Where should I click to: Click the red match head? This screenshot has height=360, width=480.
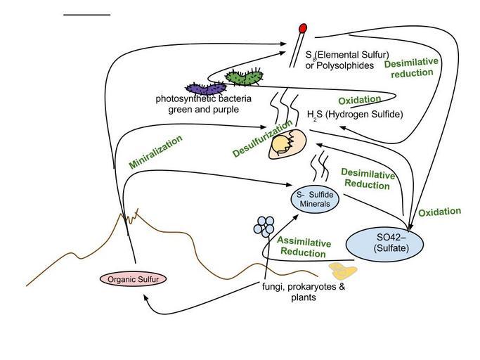coord(303,29)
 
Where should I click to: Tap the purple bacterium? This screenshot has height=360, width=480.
coord(207,89)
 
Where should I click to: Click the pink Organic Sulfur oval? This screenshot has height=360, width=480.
coord(134,279)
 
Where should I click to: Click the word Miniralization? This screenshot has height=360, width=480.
coord(155,151)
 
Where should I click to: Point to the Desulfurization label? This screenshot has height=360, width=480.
coord(263,139)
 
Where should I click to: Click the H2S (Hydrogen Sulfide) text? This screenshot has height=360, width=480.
coord(355,115)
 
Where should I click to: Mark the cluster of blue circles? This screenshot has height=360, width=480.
coord(265,224)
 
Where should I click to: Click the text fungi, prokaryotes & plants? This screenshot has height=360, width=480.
coord(303,292)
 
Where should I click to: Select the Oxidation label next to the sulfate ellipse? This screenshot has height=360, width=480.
coord(439,212)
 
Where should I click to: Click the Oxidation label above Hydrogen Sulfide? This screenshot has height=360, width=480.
coord(359,100)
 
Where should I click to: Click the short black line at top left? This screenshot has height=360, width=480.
coord(87,14)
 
